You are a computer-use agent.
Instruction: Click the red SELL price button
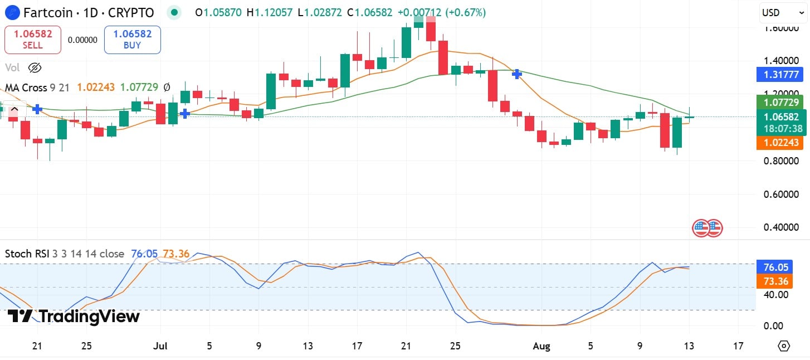point(32,40)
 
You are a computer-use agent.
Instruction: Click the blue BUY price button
point(132,40)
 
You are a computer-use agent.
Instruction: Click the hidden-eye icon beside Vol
point(35,68)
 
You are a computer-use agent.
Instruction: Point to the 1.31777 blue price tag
point(778,74)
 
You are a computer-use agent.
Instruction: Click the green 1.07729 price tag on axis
point(778,103)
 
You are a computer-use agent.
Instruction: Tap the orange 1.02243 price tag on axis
point(778,143)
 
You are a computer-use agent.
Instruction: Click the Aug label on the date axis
point(541,346)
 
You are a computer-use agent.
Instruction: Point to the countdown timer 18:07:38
point(778,129)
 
